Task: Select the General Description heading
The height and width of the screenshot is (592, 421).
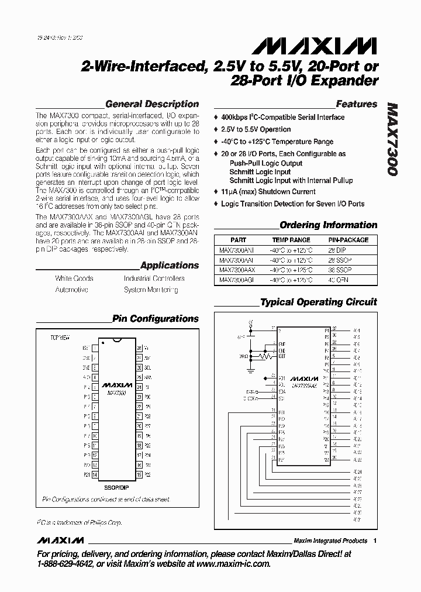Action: (152, 104)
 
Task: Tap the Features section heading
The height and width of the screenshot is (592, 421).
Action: (357, 104)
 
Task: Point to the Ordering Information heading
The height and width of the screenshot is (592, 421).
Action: (328, 225)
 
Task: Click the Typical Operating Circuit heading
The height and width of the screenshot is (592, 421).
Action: (318, 302)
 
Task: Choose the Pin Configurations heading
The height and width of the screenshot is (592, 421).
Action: (156, 319)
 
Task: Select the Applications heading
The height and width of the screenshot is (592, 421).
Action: (170, 265)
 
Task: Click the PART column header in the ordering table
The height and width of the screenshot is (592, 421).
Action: (239, 240)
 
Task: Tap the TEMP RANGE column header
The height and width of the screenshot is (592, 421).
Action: (291, 240)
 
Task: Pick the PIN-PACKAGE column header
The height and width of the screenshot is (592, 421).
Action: (347, 240)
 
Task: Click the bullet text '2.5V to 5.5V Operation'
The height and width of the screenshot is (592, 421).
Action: (256, 129)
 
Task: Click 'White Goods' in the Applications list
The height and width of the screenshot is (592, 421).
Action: (74, 278)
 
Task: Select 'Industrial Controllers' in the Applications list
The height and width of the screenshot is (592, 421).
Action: (154, 278)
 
